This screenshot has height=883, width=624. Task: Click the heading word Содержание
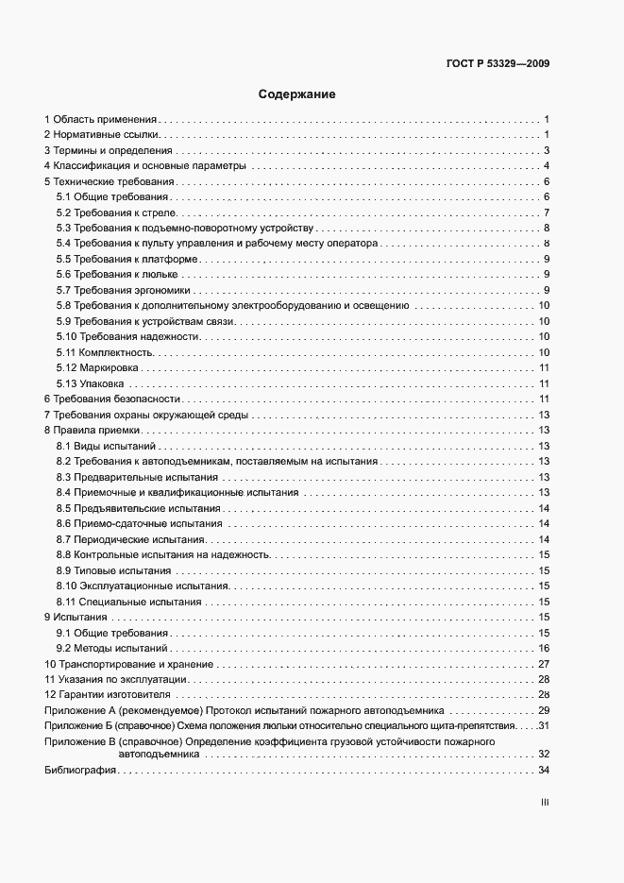click(x=297, y=94)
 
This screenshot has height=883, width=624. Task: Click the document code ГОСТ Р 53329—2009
click(x=498, y=65)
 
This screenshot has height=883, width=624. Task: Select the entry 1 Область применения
click(x=100, y=120)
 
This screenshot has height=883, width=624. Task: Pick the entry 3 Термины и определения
click(x=108, y=151)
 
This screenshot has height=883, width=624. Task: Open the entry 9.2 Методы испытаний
click(x=111, y=648)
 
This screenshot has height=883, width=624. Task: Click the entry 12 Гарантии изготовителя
click(x=107, y=694)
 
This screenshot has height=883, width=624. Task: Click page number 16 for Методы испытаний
click(x=544, y=648)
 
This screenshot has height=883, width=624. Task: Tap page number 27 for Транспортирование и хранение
click(x=544, y=664)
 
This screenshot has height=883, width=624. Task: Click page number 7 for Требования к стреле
click(x=547, y=212)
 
